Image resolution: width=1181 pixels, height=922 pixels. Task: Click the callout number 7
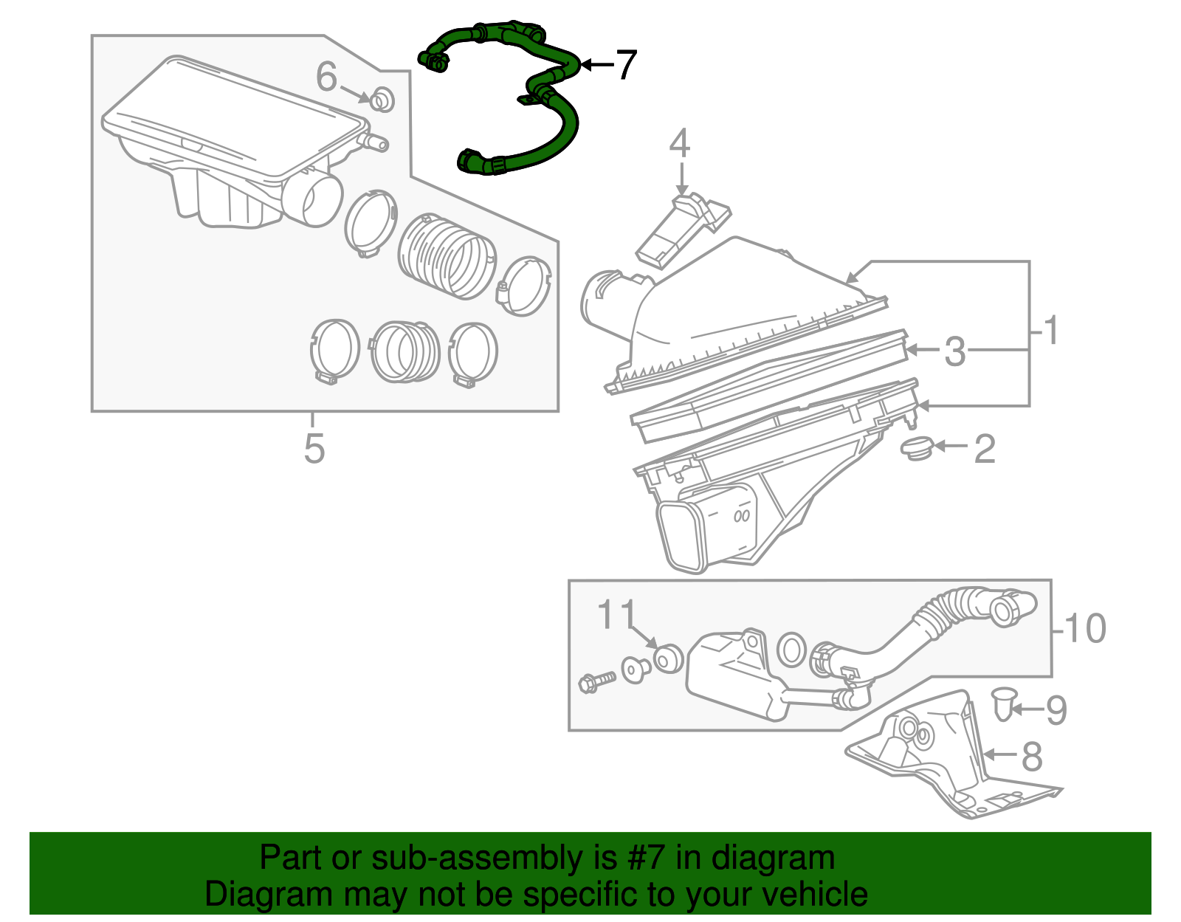(624, 65)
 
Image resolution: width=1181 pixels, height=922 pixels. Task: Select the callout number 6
(326, 77)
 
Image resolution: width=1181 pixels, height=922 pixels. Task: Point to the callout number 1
(1051, 330)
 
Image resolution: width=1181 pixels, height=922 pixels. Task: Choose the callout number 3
(954, 351)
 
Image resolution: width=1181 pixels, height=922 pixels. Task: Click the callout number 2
(985, 448)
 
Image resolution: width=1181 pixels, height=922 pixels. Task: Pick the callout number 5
(314, 448)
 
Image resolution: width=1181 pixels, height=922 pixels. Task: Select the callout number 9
(1056, 709)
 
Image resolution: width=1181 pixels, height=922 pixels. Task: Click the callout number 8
(1032, 756)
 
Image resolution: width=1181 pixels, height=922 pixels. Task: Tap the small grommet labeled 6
(381, 99)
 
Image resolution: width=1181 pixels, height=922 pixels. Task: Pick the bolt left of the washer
(597, 680)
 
